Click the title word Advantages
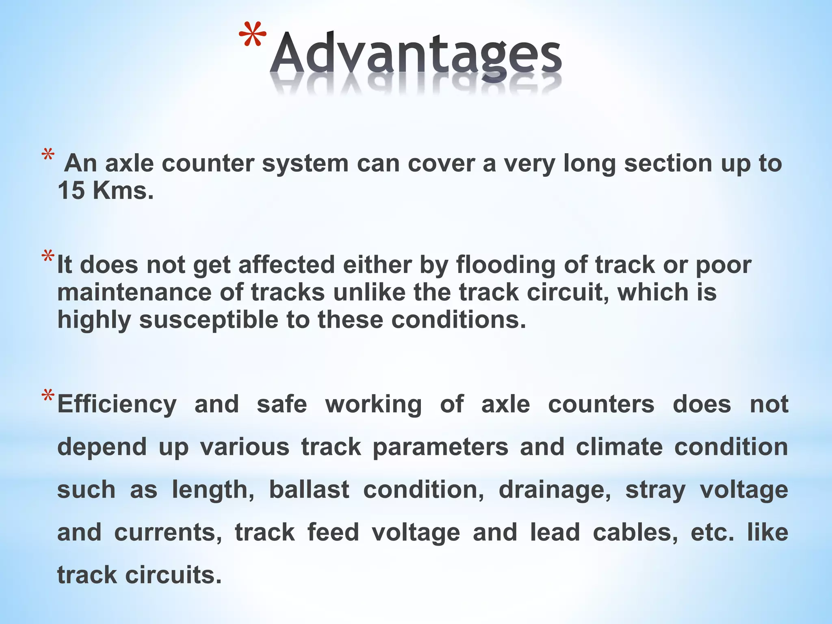pyautogui.click(x=416, y=55)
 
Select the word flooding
pyautogui.click(x=505, y=265)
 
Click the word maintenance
pyautogui.click(x=134, y=292)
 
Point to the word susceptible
pyautogui.click(x=209, y=320)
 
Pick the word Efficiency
pyautogui.click(x=117, y=405)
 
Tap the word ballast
pyautogui.click(x=309, y=490)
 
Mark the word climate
pyautogui.click(x=619, y=447)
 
